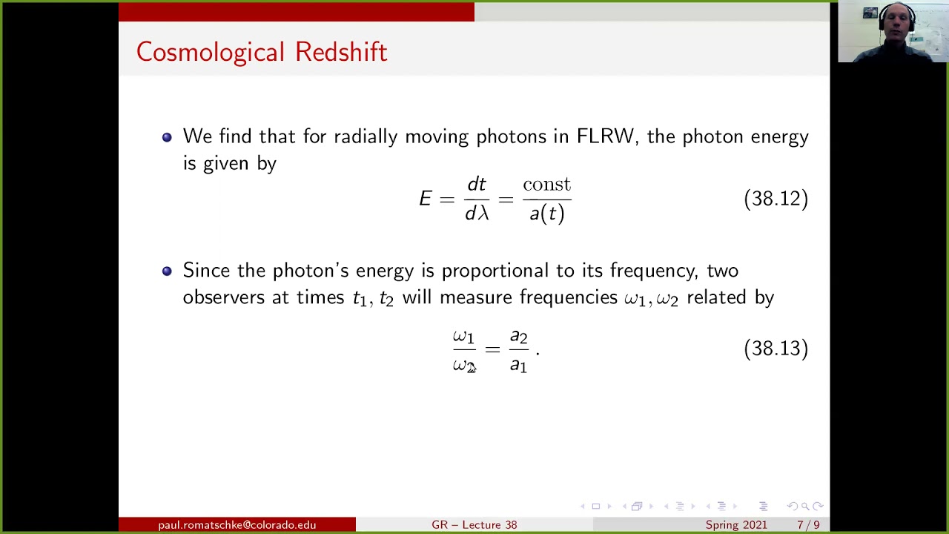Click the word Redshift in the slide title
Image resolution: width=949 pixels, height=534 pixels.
pyautogui.click(x=340, y=52)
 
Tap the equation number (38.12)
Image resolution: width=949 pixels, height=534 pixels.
pyautogui.click(x=776, y=199)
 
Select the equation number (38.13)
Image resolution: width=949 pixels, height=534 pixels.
pyautogui.click(x=776, y=349)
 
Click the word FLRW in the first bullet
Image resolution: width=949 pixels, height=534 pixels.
pyautogui.click(x=606, y=136)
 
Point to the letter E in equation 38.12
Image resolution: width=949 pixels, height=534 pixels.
pyautogui.click(x=425, y=199)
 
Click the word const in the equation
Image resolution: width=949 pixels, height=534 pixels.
pyautogui.click(x=546, y=185)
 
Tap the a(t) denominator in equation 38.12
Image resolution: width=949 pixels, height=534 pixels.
pyautogui.click(x=546, y=214)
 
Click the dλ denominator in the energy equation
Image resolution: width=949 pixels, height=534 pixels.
pyautogui.click(x=477, y=214)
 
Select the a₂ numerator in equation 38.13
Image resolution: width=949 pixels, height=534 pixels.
pyautogui.click(x=518, y=337)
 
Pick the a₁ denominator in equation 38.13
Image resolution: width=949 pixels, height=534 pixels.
pyautogui.click(x=518, y=365)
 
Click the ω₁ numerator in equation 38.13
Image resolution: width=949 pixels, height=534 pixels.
pyautogui.click(x=463, y=337)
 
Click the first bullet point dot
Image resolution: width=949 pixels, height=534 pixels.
pyautogui.click(x=167, y=137)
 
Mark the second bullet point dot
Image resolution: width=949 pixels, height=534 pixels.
pyautogui.click(x=167, y=271)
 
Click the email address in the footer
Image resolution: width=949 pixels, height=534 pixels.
pyautogui.click(x=237, y=525)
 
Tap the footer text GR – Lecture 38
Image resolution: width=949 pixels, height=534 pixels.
pyautogui.click(x=474, y=525)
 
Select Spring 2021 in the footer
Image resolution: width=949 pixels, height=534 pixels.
pyautogui.click(x=736, y=525)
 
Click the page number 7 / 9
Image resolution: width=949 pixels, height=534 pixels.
pyautogui.click(x=808, y=525)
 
